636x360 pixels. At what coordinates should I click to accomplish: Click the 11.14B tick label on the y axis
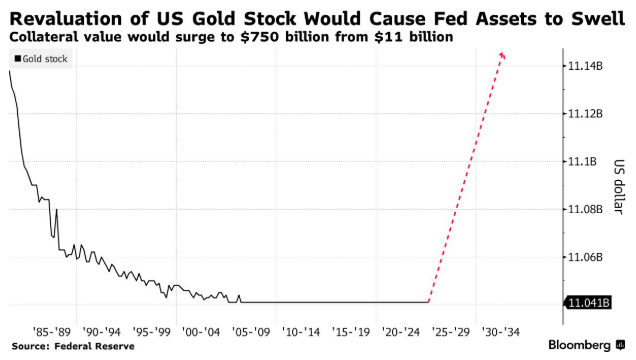585,66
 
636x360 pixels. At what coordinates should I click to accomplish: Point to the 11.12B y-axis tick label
585,114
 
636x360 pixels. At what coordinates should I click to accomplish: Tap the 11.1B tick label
582,162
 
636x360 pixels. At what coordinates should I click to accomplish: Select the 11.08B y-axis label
585,210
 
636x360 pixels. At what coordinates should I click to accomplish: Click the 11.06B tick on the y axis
585,257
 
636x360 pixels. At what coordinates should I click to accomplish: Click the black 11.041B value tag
588,303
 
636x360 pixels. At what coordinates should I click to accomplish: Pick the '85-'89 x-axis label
52,332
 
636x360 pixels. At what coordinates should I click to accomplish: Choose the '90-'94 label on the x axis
101,332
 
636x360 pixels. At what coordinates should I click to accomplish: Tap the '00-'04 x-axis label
201,332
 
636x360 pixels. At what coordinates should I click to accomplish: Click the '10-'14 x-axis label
301,332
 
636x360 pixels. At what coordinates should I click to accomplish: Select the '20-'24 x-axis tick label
401,332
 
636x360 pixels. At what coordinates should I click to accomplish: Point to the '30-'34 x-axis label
501,332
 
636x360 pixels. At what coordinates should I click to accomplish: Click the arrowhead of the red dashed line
503,55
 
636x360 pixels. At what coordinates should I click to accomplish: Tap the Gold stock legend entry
41,59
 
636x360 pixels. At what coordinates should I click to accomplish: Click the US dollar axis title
619,186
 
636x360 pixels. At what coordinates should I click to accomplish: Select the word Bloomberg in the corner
579,345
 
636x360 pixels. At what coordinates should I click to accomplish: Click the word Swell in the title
598,19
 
